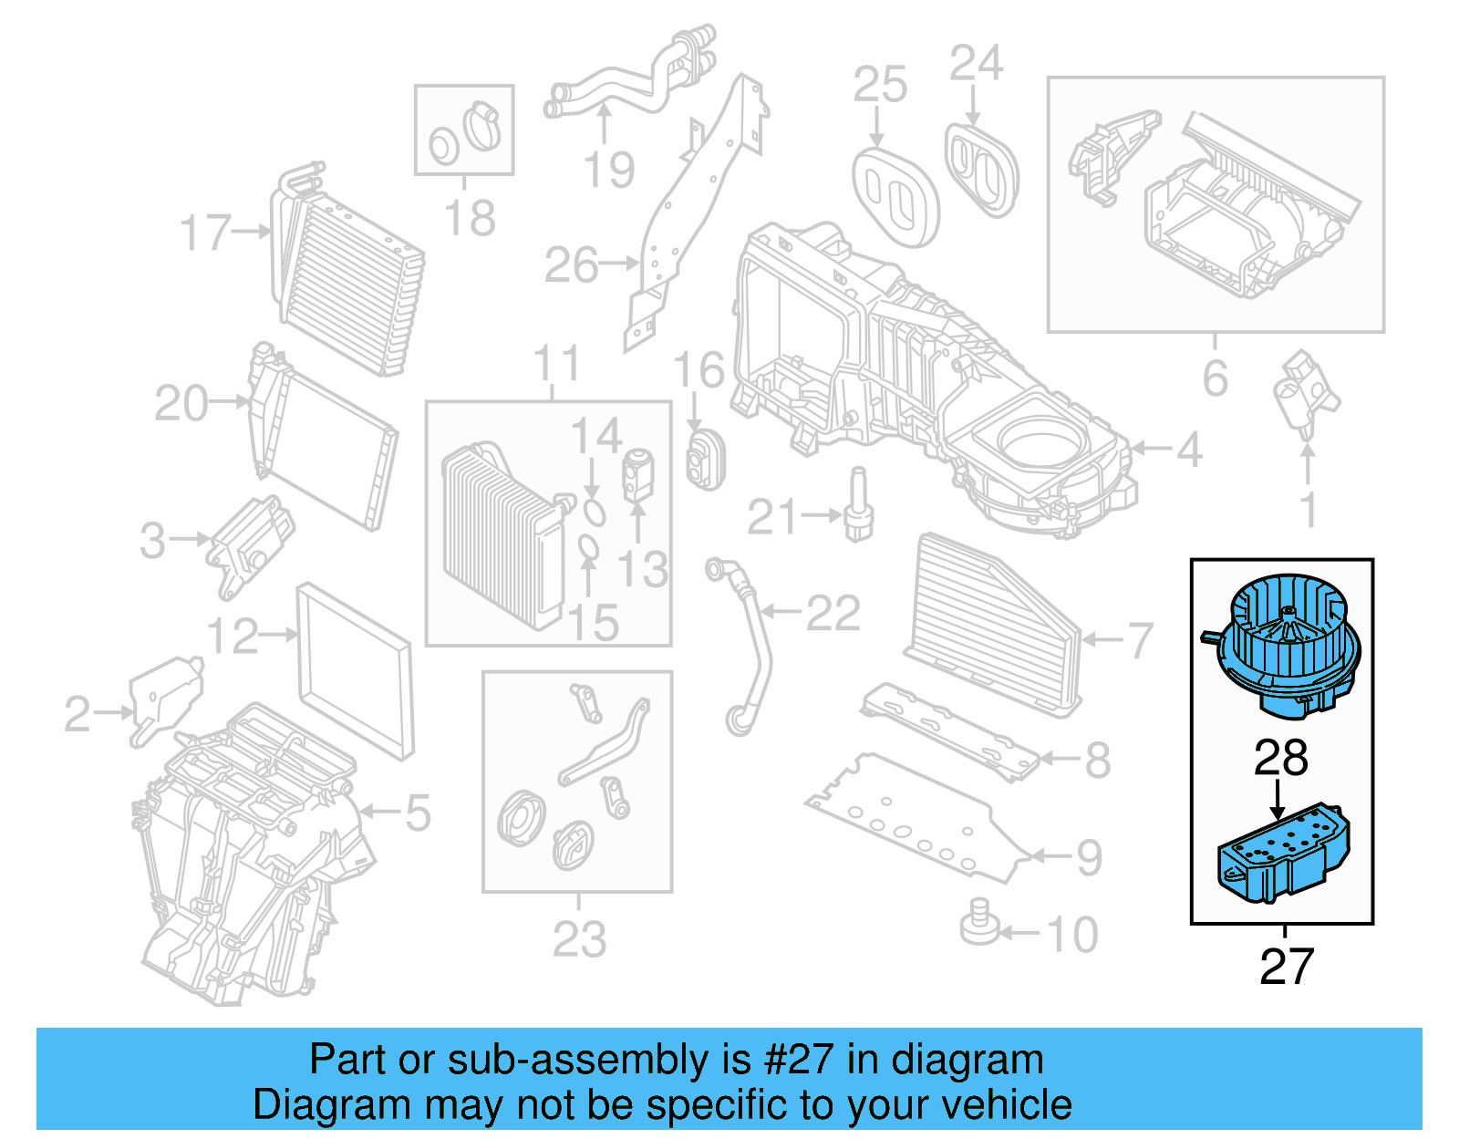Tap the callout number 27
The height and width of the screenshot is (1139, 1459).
coord(1286,967)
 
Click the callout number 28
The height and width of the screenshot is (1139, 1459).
coord(1281,758)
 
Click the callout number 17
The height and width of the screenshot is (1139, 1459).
coord(205,233)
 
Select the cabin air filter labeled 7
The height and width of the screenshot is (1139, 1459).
coord(994,625)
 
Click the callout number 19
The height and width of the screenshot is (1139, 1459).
coord(609,170)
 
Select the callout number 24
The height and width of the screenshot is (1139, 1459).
coord(976,64)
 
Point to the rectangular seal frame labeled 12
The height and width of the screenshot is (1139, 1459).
coord(356,670)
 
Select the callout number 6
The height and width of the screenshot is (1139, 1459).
coord(1215,378)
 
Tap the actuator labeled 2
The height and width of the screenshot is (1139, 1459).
coord(164,698)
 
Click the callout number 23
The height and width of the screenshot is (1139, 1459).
coord(578,939)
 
